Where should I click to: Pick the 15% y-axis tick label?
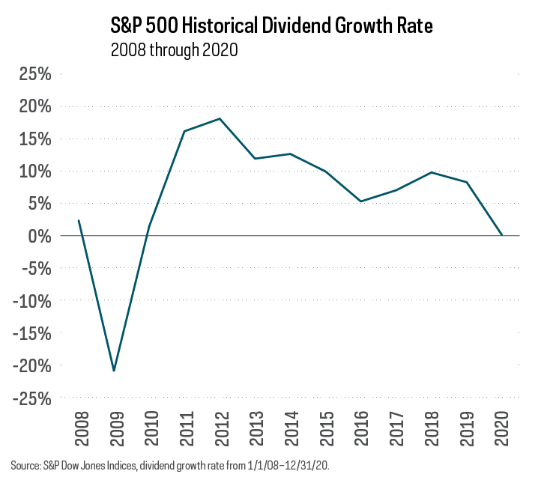coord(33,139)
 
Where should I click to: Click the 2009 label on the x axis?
coord(114,428)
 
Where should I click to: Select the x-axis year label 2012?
coord(220,428)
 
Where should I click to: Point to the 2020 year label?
coord(501,428)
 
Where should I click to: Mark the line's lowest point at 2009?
coord(114,371)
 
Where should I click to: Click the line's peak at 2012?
coord(220,118)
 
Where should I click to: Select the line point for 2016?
coord(360,201)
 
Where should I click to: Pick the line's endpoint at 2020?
coord(501,235)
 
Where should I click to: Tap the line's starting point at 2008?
coord(79,221)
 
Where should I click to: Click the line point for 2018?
coord(431,172)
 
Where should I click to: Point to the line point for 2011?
coord(184,131)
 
